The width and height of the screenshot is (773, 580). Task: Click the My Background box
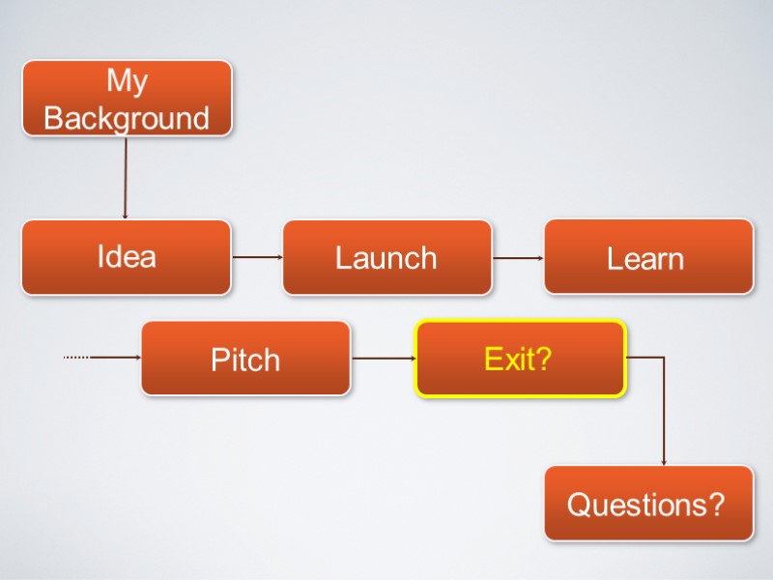pos(127,98)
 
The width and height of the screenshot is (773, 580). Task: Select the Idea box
pos(127,257)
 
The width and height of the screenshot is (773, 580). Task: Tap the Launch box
pos(386,257)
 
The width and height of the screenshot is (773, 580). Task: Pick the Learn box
pos(648,257)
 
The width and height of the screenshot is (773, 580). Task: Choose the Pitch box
pos(245,359)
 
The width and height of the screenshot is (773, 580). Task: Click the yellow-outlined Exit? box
pos(521,359)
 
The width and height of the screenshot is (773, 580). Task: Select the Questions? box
pos(648,503)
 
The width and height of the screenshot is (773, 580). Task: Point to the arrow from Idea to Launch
pos(256,257)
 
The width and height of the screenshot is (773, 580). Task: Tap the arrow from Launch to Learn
pos(518,258)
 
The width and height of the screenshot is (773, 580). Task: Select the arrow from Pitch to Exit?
pos(383,359)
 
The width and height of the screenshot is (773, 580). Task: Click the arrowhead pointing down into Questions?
pos(664,462)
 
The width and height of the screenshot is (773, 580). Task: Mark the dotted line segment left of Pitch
pos(76,358)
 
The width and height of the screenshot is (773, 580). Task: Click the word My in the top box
pos(127,81)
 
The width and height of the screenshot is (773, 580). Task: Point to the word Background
pos(127,118)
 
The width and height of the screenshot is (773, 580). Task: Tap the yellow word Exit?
pos(518,360)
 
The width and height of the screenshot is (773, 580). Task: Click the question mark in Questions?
pos(716,504)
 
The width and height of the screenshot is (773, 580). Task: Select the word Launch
pos(386,258)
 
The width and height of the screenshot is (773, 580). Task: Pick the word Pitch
pos(245,360)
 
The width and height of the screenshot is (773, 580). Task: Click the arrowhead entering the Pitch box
pos(137,358)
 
